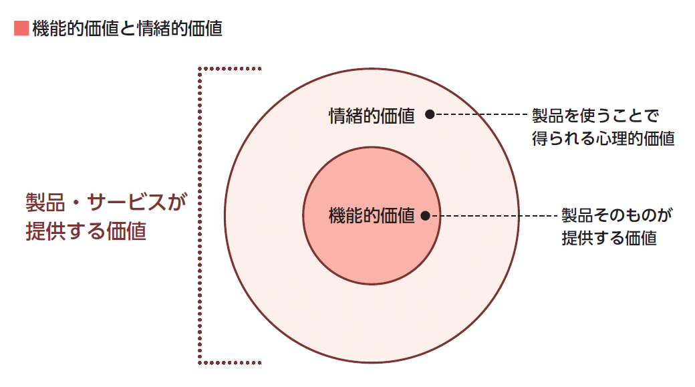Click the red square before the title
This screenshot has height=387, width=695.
[20, 29]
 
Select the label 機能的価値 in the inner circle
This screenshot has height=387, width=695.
[372, 216]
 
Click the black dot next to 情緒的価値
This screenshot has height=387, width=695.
[430, 114]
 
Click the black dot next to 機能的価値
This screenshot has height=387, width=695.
[426, 216]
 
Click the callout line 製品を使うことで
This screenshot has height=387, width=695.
[595, 116]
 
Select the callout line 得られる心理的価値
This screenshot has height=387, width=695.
[603, 139]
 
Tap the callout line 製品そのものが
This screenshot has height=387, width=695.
[616, 215]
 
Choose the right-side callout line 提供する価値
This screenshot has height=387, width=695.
[609, 238]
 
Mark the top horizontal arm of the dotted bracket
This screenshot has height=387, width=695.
[231, 68]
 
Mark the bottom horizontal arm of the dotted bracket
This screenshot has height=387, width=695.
[231, 363]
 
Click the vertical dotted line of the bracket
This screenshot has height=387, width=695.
[200, 215]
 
